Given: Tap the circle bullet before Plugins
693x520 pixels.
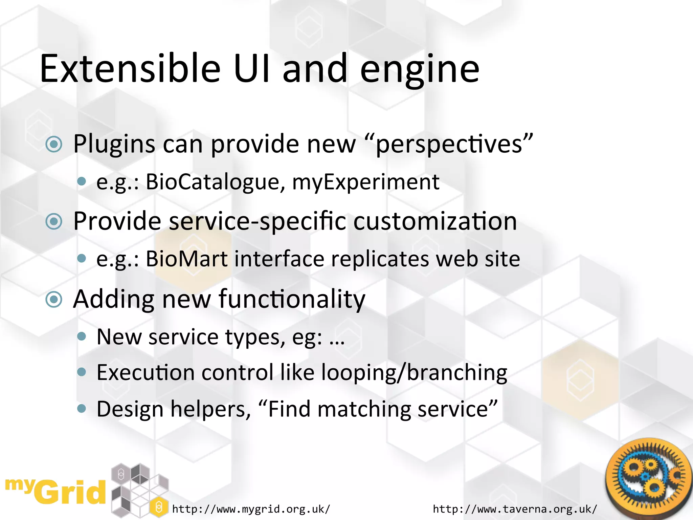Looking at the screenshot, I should tap(54, 145).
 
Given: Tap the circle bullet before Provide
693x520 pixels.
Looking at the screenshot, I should tap(54, 222).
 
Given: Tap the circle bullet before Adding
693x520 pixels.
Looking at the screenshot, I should tap(54, 299).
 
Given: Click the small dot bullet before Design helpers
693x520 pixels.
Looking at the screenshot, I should tap(82, 409).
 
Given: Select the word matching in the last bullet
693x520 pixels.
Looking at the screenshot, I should tap(364, 409).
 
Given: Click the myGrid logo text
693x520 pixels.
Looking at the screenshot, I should tap(56, 491).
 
